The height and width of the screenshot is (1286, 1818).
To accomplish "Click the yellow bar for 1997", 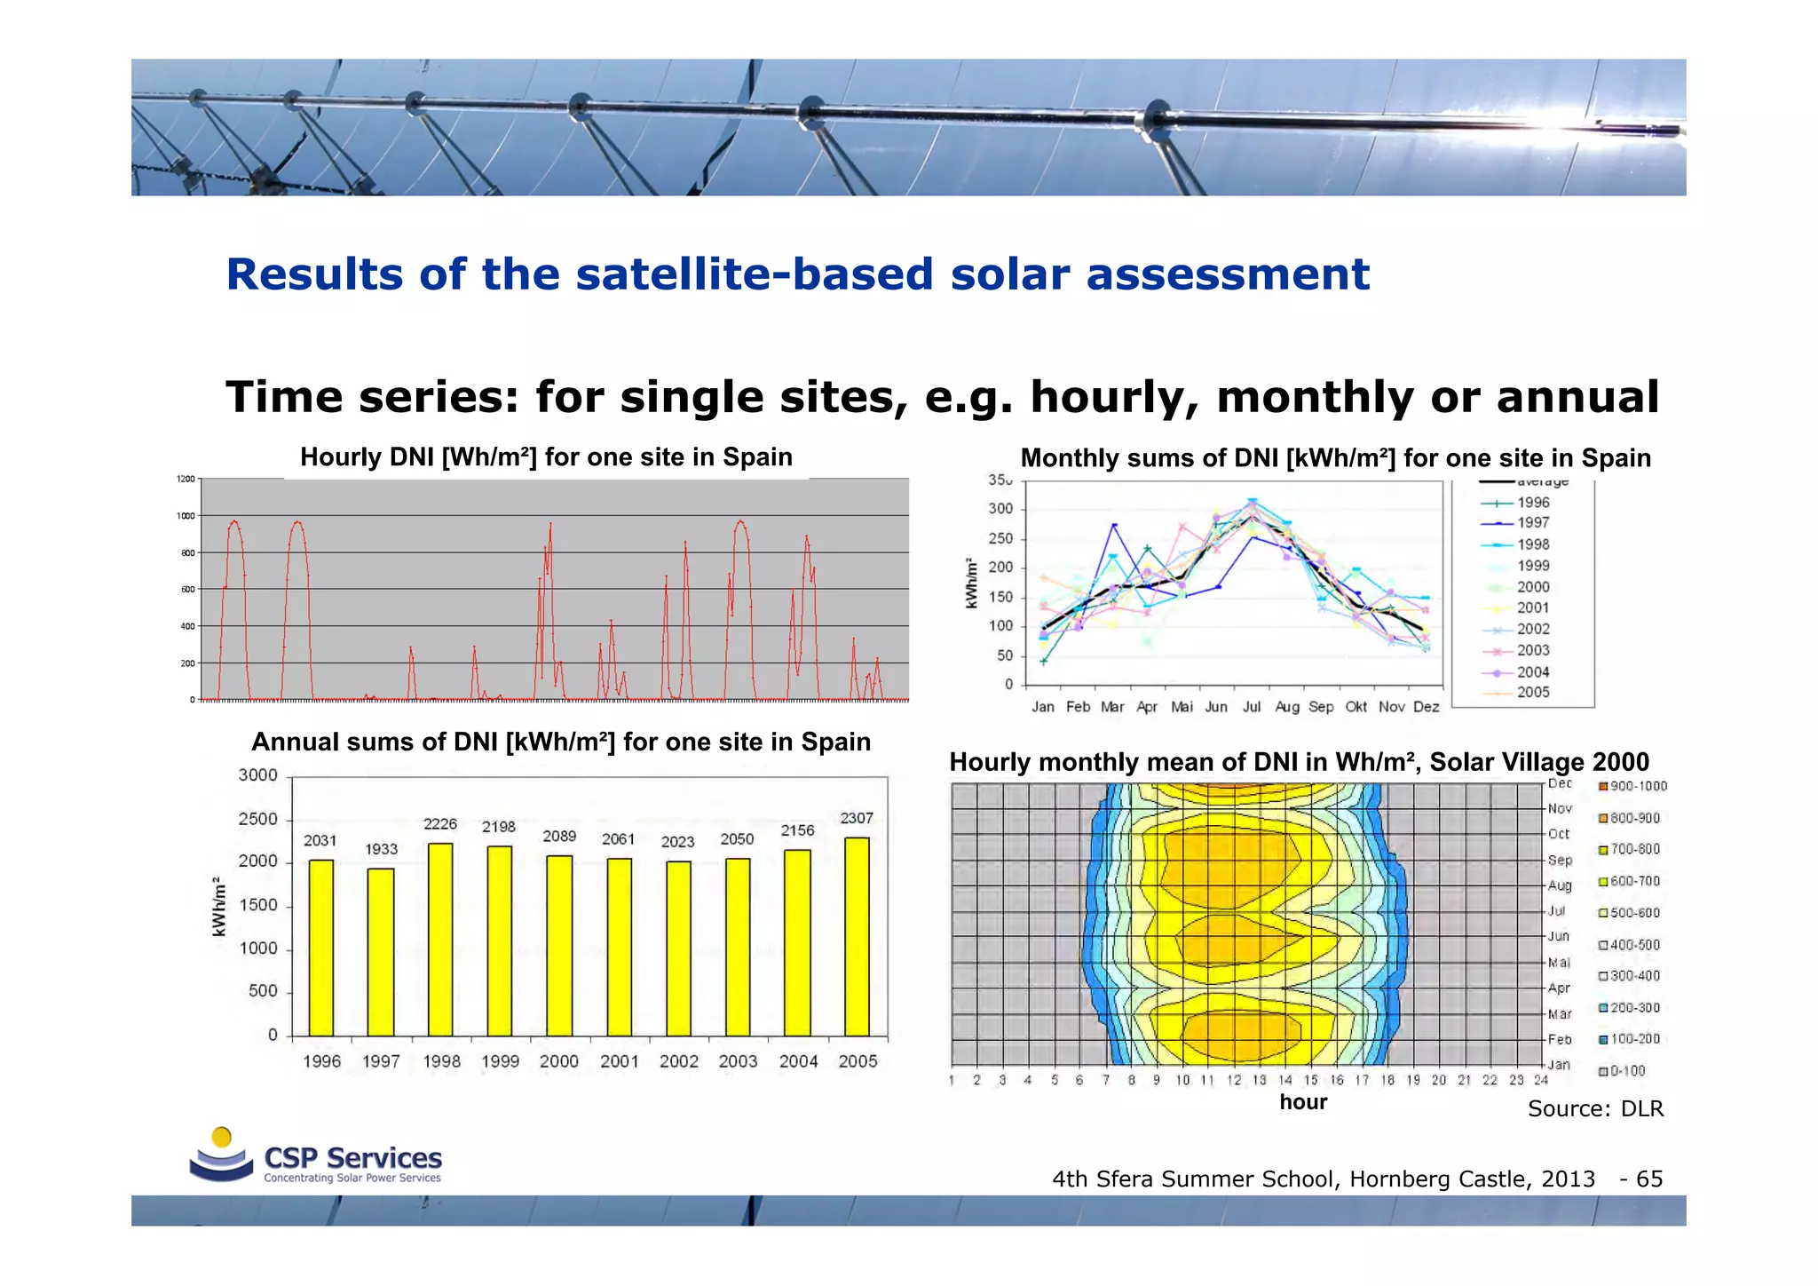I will tap(381, 951).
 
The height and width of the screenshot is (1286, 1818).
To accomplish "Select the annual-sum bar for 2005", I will tap(857, 936).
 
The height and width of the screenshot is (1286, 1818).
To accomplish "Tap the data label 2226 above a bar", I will tap(440, 824).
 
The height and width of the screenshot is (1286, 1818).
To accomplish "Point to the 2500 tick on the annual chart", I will tap(257, 819).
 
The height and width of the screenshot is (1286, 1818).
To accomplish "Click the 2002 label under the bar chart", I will tap(678, 1061).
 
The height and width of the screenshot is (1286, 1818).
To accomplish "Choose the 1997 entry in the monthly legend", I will tap(1533, 523).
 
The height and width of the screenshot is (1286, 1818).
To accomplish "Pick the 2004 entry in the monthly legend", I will tap(1533, 672).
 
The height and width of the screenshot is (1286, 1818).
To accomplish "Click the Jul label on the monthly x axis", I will tap(1252, 707).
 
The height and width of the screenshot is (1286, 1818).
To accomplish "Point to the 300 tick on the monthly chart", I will tap(1000, 509).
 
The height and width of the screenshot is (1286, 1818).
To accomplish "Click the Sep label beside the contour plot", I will tap(1560, 860).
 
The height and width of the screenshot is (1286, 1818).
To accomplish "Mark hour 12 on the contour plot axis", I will tap(1234, 1081).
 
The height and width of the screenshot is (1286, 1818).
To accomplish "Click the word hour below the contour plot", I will tap(1303, 1102).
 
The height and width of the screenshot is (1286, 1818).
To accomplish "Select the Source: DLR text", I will tap(1595, 1108).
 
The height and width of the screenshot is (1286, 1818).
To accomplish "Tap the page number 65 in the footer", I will tap(1649, 1179).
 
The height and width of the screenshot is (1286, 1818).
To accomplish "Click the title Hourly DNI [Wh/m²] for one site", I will tap(546, 457).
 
